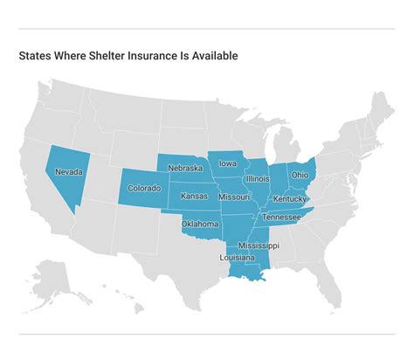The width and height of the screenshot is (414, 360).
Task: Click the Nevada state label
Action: click(x=69, y=173)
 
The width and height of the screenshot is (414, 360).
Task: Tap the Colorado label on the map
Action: click(x=145, y=187)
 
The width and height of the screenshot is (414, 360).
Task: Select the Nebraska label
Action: click(x=185, y=168)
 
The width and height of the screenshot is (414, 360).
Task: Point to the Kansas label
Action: click(x=194, y=197)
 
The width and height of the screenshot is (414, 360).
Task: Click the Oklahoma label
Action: click(x=199, y=224)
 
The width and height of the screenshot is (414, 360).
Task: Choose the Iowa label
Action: click(x=227, y=163)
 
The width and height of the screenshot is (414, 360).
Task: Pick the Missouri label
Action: click(x=234, y=197)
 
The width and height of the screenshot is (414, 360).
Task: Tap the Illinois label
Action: click(x=258, y=178)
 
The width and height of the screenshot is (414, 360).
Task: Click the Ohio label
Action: click(x=300, y=175)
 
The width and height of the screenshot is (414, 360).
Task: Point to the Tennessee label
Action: click(x=282, y=217)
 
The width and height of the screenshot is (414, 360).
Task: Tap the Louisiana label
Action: click(x=238, y=259)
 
